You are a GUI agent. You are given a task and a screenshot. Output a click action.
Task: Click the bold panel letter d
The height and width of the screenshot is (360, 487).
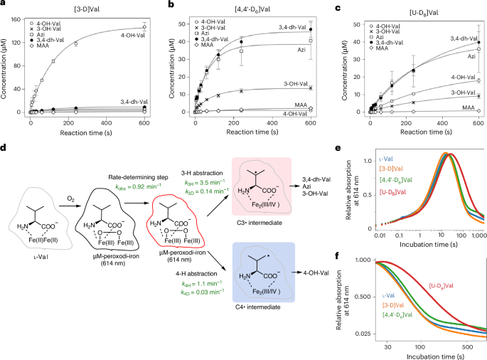click(x=5, y=149)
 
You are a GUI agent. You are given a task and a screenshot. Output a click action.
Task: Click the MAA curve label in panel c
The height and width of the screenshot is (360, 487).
click(x=467, y=107)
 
